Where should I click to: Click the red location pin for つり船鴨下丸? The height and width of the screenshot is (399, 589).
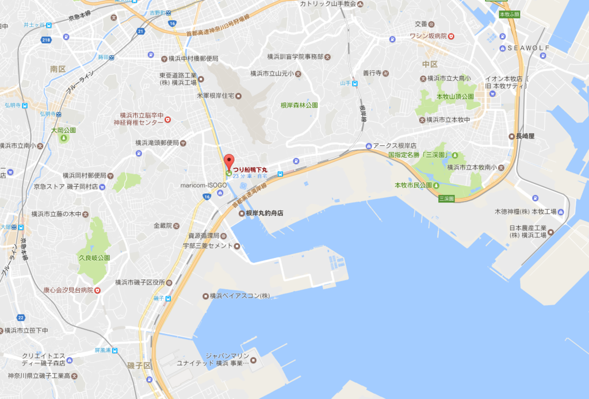click(229, 161)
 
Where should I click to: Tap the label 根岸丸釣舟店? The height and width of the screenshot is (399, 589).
click(265, 213)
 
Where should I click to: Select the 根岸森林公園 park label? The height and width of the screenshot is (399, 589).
click(299, 105)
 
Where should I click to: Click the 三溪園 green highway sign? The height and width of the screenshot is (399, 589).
click(446, 198)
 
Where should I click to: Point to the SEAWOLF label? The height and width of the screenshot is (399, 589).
click(529, 48)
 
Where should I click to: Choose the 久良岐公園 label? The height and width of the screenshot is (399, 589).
click(95, 258)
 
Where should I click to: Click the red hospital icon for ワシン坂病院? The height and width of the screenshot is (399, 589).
click(452, 36)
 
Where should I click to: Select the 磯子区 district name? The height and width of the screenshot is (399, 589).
click(139, 366)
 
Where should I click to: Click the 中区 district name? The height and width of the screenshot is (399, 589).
click(430, 64)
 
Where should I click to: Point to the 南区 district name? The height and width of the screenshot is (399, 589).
click(58, 69)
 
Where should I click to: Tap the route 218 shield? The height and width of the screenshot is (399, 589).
click(47, 40)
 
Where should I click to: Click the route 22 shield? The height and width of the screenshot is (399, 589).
click(21, 317)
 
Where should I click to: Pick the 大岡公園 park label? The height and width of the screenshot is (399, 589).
click(63, 131)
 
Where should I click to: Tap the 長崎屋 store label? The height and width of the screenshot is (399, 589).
click(525, 136)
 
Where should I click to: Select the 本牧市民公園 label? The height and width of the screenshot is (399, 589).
click(413, 185)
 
